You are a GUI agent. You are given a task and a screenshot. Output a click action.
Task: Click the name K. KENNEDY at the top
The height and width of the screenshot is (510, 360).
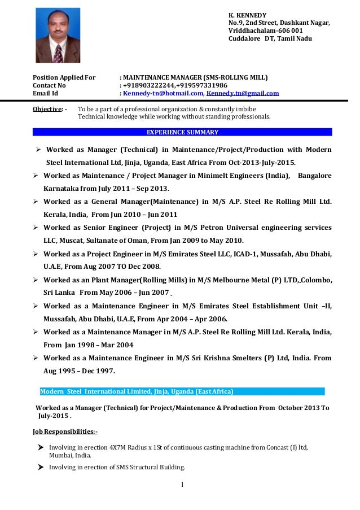pos(247,15)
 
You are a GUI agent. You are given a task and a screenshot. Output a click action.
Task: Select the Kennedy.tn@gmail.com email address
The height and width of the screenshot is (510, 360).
pos(243,94)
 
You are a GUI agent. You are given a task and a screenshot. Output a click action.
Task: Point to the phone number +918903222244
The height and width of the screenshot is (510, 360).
pos(150,85)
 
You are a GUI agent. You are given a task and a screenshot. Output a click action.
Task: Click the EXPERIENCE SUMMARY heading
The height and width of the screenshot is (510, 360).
pos(182,132)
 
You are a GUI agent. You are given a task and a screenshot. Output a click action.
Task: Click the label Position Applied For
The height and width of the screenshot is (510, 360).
pos(64,77)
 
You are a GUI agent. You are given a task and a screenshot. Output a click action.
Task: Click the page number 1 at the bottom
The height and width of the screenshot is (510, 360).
pos(183,484)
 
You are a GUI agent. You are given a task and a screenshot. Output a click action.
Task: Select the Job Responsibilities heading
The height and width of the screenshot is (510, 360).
pos(65,432)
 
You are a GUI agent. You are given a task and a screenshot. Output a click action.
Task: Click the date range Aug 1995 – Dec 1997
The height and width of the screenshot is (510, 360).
pos(78,371)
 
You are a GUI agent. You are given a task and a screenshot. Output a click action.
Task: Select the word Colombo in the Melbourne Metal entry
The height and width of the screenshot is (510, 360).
pos(316,280)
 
